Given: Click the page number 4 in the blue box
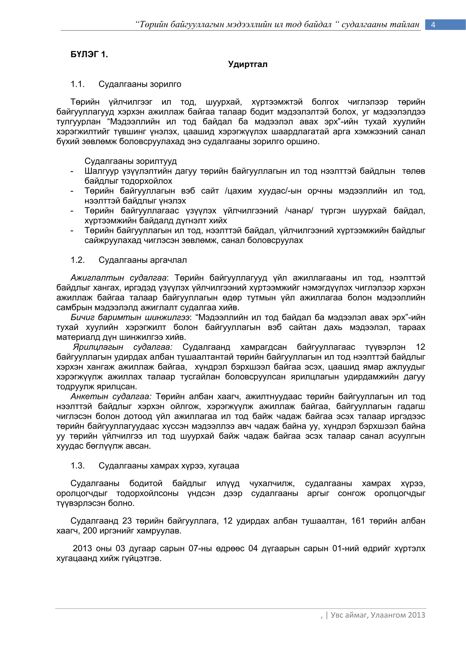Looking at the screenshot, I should pyautogui.click(x=433, y=25).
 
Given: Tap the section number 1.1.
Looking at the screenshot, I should pyautogui.click(x=77, y=84).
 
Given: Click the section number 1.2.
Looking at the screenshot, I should pyautogui.click(x=77, y=260).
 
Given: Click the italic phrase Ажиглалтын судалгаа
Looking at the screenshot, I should pyautogui.click(x=119, y=278).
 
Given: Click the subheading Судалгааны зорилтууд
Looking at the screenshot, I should pyautogui.click(x=131, y=161).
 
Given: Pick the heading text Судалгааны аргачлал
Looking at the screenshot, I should pyautogui.click(x=143, y=260).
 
